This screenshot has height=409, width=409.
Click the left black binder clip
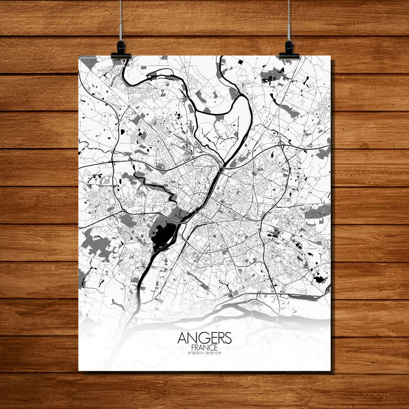pyautogui.click(x=121, y=50)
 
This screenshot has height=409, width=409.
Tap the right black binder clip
pyautogui.click(x=289, y=50)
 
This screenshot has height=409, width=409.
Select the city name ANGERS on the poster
pyautogui.click(x=204, y=338)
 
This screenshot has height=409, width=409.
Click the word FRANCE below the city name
pyautogui.click(x=204, y=347)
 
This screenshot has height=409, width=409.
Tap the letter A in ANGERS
pyautogui.click(x=182, y=338)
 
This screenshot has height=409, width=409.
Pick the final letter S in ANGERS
pyautogui.click(x=228, y=338)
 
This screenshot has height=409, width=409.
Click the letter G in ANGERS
pyautogui.click(x=201, y=338)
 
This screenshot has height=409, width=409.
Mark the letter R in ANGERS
pyautogui.click(x=220, y=338)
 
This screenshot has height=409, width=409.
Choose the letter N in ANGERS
pyautogui.click(x=191, y=338)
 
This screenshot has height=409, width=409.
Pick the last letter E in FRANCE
pyautogui.click(x=216, y=347)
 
